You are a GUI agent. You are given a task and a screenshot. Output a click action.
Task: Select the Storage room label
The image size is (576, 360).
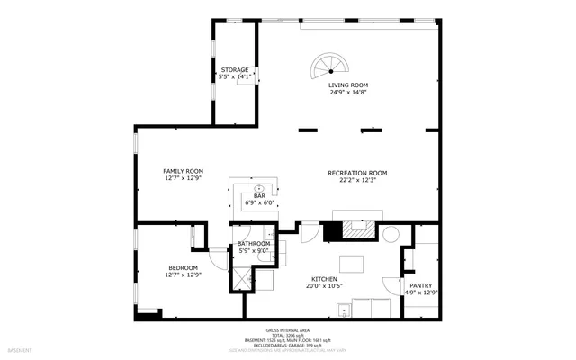click(x=235, y=69)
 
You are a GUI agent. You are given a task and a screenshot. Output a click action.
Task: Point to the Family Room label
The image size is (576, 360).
click(x=183, y=171)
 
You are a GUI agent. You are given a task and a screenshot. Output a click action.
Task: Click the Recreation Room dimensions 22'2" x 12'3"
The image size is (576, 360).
click(x=357, y=179)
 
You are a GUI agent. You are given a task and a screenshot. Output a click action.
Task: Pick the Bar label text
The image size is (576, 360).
click(x=259, y=195)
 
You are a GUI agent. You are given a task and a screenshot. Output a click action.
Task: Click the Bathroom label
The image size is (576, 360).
click(x=254, y=243)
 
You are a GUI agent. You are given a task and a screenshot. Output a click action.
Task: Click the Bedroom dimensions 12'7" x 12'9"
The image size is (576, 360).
click(x=183, y=274)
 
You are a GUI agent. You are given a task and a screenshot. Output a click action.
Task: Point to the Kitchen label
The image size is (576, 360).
click(x=324, y=279)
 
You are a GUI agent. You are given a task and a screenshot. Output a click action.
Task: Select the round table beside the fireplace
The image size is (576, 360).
click(x=391, y=234)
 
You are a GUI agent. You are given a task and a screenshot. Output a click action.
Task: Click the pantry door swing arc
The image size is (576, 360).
click(x=392, y=285)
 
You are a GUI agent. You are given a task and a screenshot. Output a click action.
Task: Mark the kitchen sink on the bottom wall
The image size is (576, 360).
click(x=341, y=311)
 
